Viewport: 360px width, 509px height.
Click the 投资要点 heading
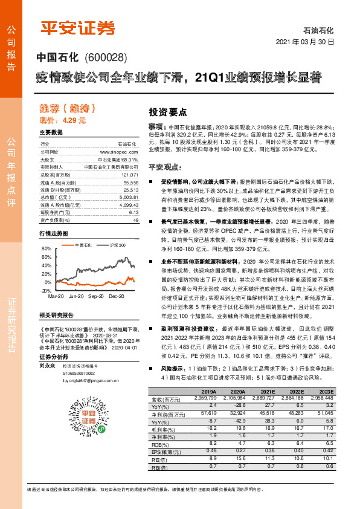pyautogui.click(x=167, y=112)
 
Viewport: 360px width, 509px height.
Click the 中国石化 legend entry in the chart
pyautogui.click(x=83, y=245)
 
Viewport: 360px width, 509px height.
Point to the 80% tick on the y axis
pyautogui.click(x=47, y=249)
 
